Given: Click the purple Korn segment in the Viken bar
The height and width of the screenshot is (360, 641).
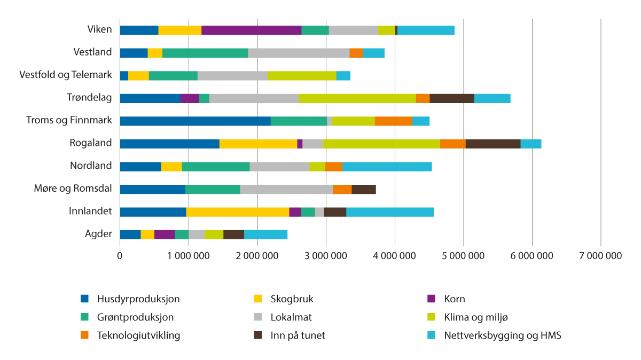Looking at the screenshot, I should pyautogui.click(x=251, y=30).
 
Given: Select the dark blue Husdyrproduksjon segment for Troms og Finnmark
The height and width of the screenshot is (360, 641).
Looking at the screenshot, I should pyautogui.click(x=195, y=121).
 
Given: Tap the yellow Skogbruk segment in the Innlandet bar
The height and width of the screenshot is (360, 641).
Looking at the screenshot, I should pyautogui.click(x=238, y=212).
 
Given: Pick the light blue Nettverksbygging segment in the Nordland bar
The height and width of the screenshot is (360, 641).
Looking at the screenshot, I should pyautogui.click(x=387, y=166).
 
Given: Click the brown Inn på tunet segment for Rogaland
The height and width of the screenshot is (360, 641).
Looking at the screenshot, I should pyautogui.click(x=493, y=144).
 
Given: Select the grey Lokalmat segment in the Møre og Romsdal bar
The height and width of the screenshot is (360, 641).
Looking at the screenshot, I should pyautogui.click(x=286, y=189).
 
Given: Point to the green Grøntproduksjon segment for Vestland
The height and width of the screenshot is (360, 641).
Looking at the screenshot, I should pyautogui.click(x=205, y=53).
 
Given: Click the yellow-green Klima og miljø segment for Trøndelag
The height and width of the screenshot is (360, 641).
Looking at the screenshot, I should pyautogui.click(x=357, y=98).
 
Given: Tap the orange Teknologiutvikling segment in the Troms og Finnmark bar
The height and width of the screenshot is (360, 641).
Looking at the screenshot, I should pyautogui.click(x=393, y=121).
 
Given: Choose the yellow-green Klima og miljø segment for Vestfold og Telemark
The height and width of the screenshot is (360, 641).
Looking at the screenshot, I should pyautogui.click(x=302, y=75).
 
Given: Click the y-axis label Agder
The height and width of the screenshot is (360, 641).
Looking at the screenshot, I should pyautogui.click(x=98, y=233).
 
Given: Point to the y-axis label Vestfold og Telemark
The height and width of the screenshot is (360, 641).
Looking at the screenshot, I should pyautogui.click(x=66, y=74).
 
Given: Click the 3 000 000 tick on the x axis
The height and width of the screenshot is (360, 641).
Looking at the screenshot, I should pyautogui.click(x=326, y=256).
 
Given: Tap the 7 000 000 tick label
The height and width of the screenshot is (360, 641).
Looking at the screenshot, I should pyautogui.click(x=601, y=256).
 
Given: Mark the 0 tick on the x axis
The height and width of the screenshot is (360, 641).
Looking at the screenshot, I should pyautogui.click(x=120, y=256).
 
